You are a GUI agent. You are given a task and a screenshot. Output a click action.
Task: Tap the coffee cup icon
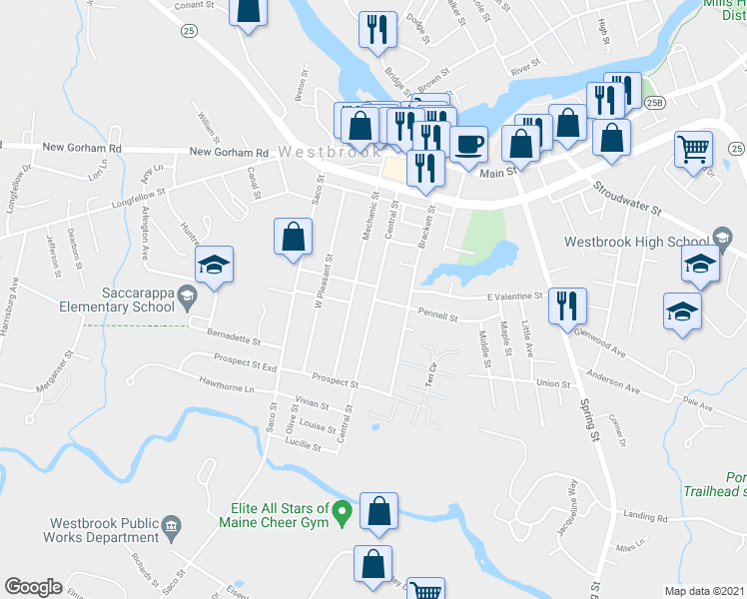coord(467,144)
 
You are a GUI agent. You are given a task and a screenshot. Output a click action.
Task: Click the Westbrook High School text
coord(636,242)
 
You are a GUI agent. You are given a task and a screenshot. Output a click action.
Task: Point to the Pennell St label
coord(437,317)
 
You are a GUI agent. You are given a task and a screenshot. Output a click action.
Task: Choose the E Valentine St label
coord(513,297)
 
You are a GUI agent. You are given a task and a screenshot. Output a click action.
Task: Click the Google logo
coord(33,587)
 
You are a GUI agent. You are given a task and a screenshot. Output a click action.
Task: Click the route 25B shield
coord(654,103)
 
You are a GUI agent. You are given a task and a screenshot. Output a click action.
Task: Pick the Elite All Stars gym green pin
coord(342,514)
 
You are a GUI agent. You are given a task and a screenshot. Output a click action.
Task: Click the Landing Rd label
coord(645,517)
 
